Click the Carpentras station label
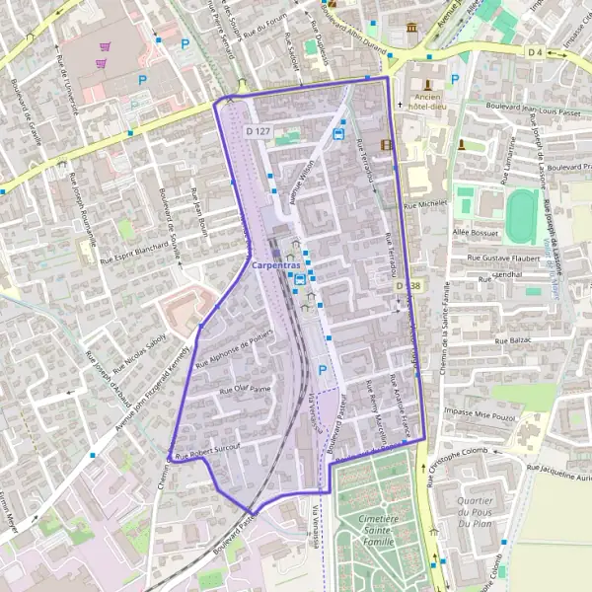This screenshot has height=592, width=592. [x=276, y=265]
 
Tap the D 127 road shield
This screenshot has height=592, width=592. [x=259, y=131]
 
